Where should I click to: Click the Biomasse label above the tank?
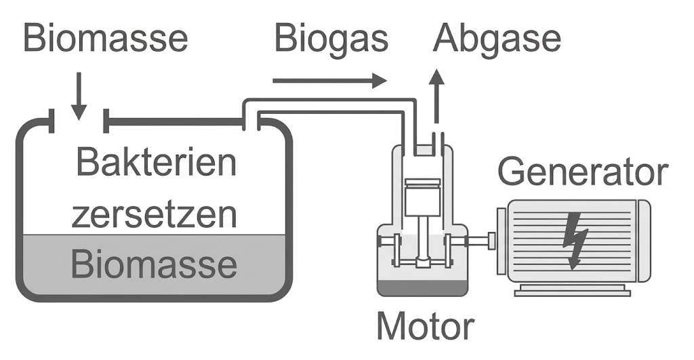105,39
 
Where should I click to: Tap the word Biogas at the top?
331,39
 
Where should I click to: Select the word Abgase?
497,39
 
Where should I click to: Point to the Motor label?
425,326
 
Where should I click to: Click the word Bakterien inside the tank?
156,163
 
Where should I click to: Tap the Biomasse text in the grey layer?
155,264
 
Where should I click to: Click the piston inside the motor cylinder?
422,197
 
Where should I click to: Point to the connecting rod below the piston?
423,237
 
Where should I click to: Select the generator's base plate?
572,292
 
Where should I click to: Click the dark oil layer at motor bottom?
422,288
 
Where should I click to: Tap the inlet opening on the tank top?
79,122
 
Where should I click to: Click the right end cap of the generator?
643,241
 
